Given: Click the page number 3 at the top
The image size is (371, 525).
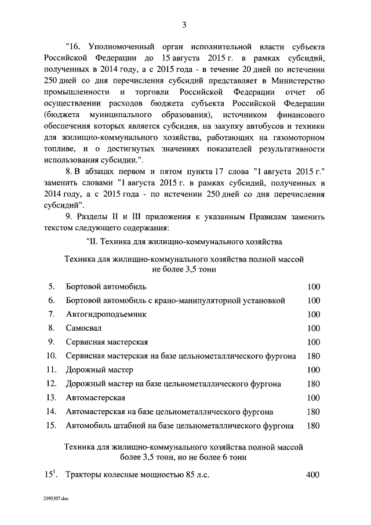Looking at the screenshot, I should tap(184, 24).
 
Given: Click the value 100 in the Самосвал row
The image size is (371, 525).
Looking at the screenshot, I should tap(313, 328).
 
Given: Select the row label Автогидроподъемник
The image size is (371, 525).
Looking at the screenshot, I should tap(107, 314).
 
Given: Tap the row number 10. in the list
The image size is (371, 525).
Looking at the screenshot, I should tap(51, 356).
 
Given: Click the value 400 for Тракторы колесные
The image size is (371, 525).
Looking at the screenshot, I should tap(312, 475).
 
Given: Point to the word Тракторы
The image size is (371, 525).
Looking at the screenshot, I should tap(85, 475).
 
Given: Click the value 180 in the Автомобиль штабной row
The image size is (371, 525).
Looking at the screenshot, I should tap(313, 426).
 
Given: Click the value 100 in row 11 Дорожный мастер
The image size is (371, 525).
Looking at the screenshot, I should tap(313, 370).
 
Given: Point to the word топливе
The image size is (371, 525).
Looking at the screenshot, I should tap(61, 150).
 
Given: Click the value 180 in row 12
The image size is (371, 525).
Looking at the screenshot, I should tap(313, 383).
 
